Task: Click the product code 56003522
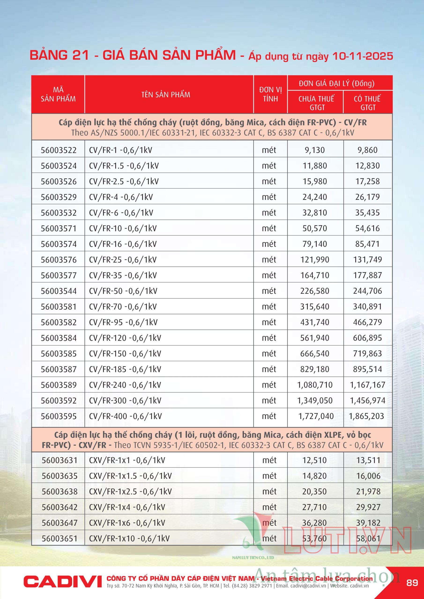click(59, 150)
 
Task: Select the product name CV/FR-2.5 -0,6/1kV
click(124, 181)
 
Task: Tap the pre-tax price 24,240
click(315, 197)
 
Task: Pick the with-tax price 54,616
click(367, 228)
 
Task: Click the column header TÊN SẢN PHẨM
click(166, 95)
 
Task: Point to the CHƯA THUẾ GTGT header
click(316, 103)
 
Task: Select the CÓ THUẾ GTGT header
click(367, 103)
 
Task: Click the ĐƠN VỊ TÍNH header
click(270, 94)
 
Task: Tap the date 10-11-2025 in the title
click(363, 56)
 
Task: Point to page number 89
click(412, 582)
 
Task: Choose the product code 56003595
click(59, 416)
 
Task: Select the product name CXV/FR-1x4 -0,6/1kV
click(127, 507)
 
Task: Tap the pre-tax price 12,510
click(315, 460)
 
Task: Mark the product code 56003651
click(60, 538)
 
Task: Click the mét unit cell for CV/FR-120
click(269, 338)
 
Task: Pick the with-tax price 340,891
click(367, 307)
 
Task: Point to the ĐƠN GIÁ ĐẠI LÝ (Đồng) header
click(336, 84)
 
